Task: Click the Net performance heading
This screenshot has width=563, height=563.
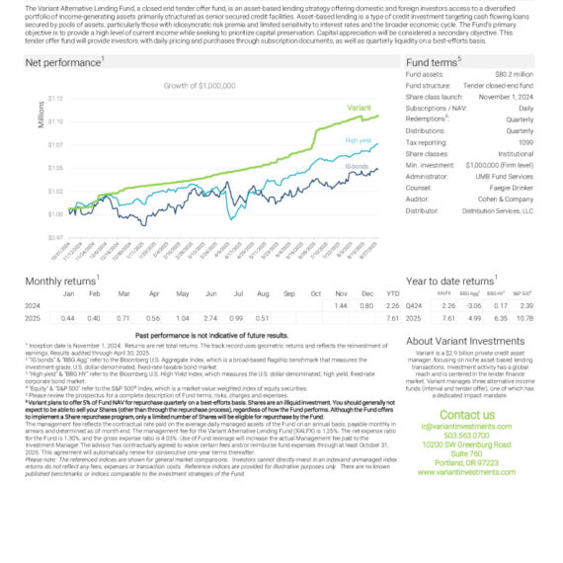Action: point(64,61)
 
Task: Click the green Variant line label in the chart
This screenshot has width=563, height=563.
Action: point(359,107)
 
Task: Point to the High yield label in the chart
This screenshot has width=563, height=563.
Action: point(358,140)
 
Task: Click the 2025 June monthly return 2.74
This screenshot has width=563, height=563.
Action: point(209,318)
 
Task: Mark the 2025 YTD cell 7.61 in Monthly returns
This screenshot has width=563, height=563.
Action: point(392,318)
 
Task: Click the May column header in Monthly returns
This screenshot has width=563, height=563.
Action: point(182,294)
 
